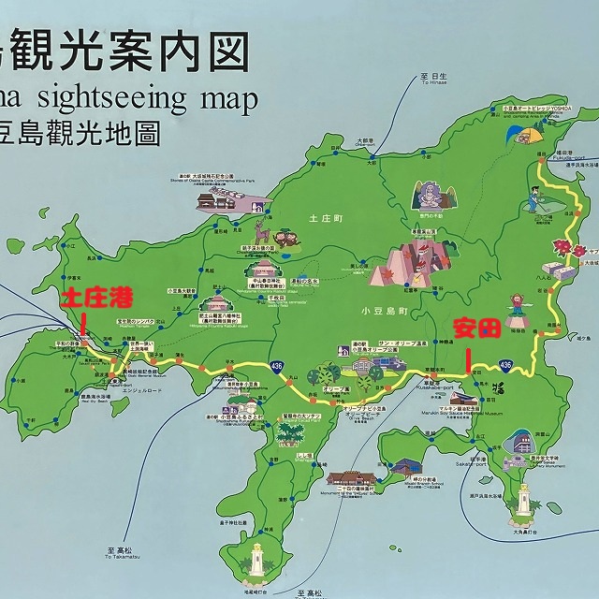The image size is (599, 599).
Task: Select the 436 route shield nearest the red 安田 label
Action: click(505, 363)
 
